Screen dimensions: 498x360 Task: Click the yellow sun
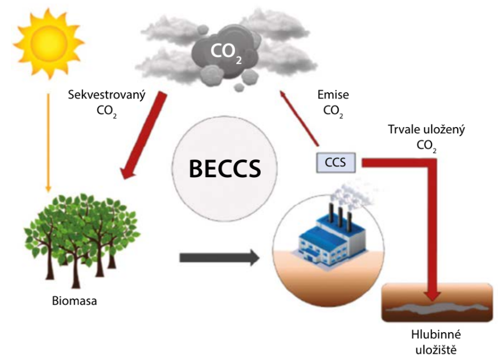coord(48,43)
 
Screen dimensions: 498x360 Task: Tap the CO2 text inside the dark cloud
coord(226,52)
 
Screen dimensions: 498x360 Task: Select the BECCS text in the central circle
coord(225,168)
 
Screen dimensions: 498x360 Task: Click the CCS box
coord(336,162)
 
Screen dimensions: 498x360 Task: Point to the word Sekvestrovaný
coord(107,95)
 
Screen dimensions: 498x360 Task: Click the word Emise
coord(333,95)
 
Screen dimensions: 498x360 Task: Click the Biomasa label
coord(75,301)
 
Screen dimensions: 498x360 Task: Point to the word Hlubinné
coord(436,334)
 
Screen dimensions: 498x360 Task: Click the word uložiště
coord(436,350)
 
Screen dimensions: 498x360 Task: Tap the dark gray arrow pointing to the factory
coord(220,257)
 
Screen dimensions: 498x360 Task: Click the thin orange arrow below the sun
coord(48,142)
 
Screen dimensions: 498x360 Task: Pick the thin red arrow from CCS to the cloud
coord(299,118)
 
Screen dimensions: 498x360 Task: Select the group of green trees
coord(82,240)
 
